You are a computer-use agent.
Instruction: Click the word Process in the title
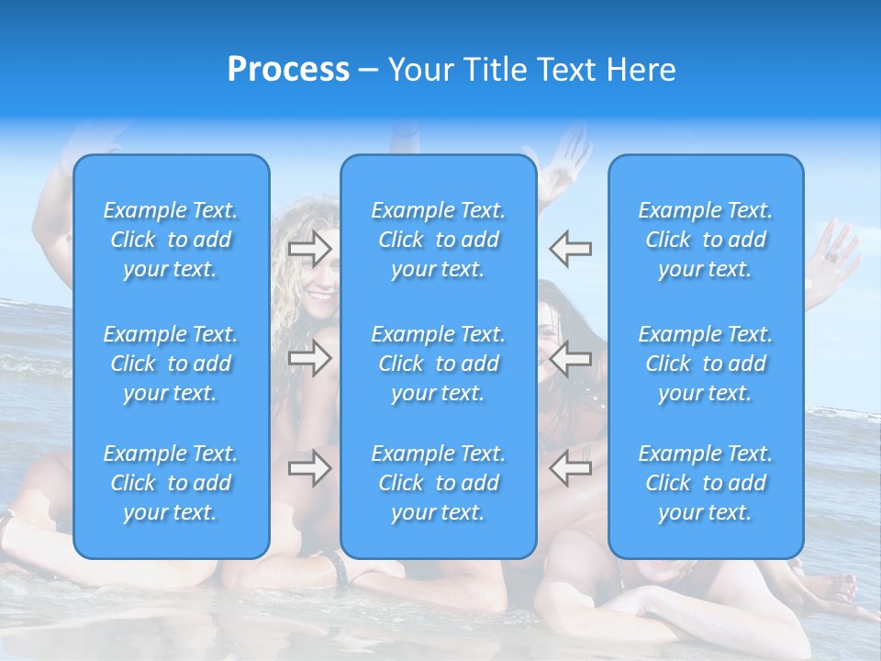pos(288,70)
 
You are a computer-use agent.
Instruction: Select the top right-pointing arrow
pos(310,248)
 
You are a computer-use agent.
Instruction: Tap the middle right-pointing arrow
pos(310,358)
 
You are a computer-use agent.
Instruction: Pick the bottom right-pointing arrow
pos(310,468)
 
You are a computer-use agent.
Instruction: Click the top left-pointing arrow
pos(570,248)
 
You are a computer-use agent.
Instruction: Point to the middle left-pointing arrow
pos(570,358)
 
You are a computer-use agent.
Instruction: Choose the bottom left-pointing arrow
pos(570,468)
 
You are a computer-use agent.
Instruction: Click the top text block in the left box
pos(171,240)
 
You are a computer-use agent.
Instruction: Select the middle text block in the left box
pos(171,364)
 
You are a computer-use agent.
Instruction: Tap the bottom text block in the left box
pos(171,483)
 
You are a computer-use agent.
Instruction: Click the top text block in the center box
pos(439,240)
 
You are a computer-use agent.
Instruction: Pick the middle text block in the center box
pos(439,364)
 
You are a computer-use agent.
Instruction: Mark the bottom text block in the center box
pos(439,483)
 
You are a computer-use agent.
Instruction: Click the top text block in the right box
pos(706,240)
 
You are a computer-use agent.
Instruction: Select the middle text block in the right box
pos(706,364)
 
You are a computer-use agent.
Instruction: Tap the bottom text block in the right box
pos(706,483)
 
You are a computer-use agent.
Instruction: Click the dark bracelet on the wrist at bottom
pos(340,570)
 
